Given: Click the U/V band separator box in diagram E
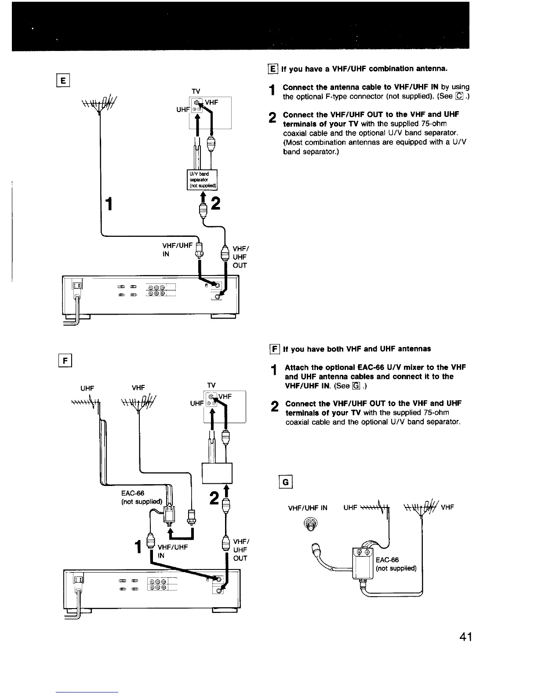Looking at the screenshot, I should pyautogui.click(x=200, y=179).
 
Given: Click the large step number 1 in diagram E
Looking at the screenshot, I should pyautogui.click(x=108, y=204).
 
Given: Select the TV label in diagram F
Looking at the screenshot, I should pyautogui.click(x=211, y=385).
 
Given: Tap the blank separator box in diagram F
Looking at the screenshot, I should pyautogui.click(x=216, y=473).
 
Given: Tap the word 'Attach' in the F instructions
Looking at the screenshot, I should pyautogui.click(x=297, y=367).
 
